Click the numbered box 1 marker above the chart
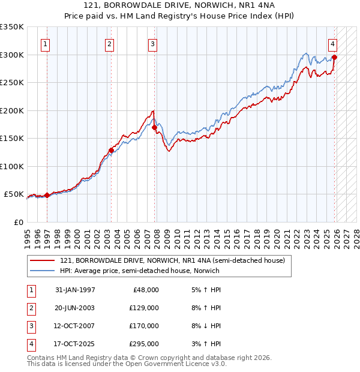[46, 43]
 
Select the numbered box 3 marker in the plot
[153, 43]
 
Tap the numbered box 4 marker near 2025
[332, 43]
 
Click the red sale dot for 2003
[111, 151]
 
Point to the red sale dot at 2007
[154, 127]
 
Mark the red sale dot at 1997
[47, 195]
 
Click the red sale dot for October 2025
[334, 58]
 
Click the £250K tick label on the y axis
[12, 83]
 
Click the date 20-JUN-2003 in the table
[74, 308]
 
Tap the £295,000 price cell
[144, 344]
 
